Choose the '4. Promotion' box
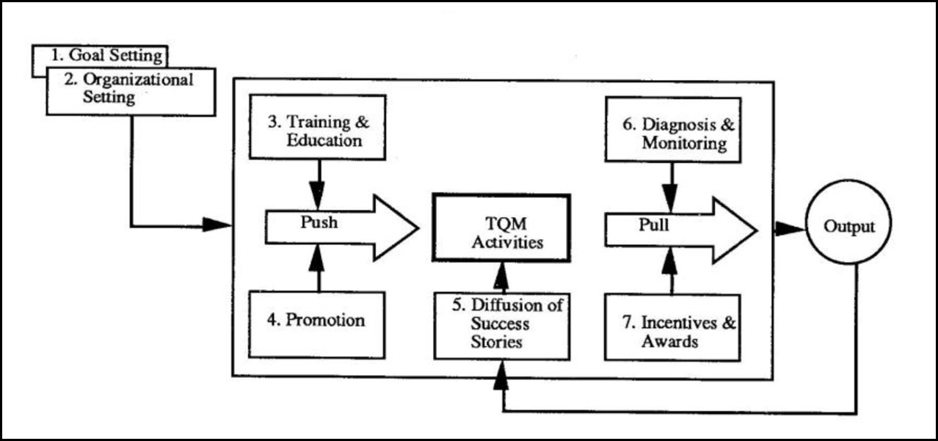(318, 321)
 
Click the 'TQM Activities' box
(501, 227)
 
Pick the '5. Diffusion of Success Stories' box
(501, 324)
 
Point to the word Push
(319, 222)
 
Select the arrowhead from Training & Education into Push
(318, 197)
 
